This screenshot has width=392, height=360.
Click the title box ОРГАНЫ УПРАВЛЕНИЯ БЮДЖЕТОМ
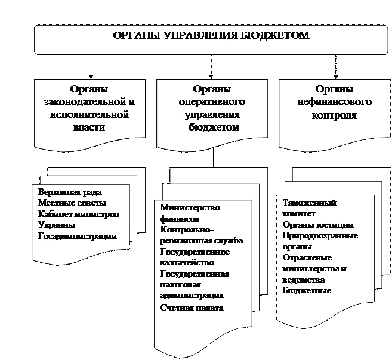click(x=212, y=39)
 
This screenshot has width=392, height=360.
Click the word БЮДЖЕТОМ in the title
click(x=279, y=35)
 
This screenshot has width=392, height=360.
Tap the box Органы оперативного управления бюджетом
click(x=213, y=113)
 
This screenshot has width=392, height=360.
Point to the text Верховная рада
click(x=70, y=192)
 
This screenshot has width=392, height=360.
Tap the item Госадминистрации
click(x=77, y=236)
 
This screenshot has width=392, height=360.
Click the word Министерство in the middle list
click(x=190, y=207)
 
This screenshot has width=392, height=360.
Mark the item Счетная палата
click(x=192, y=308)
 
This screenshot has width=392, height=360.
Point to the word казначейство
click(x=187, y=262)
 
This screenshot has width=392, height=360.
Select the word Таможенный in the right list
click(x=309, y=203)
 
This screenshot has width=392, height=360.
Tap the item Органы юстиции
click(x=318, y=225)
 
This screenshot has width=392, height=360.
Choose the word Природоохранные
click(x=320, y=235)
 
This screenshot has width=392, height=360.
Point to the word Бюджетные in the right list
click(x=307, y=290)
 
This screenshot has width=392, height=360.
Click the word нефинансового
click(x=334, y=102)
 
